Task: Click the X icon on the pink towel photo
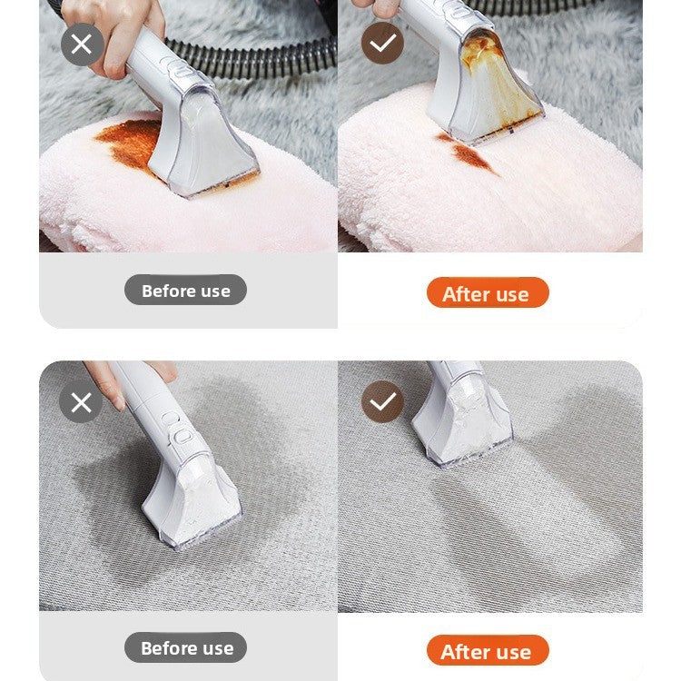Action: [82, 44]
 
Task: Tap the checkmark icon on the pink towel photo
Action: [382, 44]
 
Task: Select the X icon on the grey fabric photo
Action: [82, 401]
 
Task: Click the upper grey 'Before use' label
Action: [185, 291]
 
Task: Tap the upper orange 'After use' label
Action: [487, 293]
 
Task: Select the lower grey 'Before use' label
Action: [185, 647]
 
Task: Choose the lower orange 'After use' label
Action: [487, 651]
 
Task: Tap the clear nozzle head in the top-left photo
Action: [204, 150]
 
